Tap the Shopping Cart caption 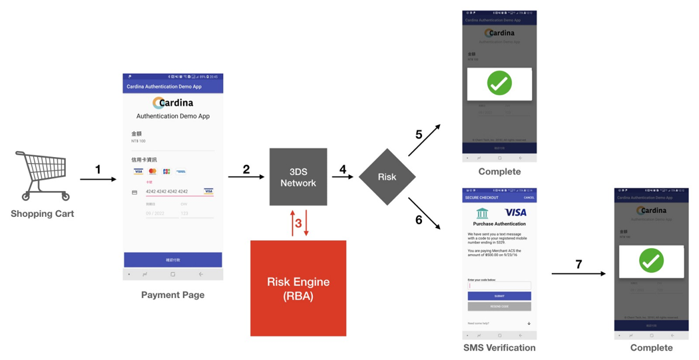tap(42, 214)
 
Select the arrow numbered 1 tap(98, 179)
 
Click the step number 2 tap(246, 169)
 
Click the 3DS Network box tap(298, 177)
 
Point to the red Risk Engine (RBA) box tap(298, 288)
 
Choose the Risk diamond tap(387, 177)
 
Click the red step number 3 tap(298, 223)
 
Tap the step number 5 tap(419, 134)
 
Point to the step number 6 tap(419, 220)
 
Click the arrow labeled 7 tap(579, 273)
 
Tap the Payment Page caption tap(172, 295)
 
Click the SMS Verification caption tap(499, 347)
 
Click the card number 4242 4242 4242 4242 tap(166, 192)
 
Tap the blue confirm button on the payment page tap(172, 260)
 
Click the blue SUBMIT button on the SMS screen tap(499, 295)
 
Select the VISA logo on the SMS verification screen tap(515, 212)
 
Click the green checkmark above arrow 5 tap(499, 84)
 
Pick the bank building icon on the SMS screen tap(482, 213)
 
